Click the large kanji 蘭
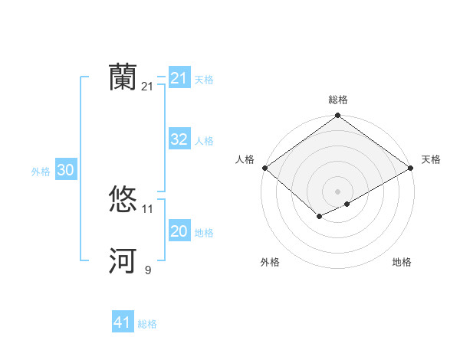123,77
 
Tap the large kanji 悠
123,200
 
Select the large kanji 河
123,261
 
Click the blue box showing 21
179,78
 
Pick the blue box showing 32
179,139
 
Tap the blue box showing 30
65,171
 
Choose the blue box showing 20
179,231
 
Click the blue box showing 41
123,322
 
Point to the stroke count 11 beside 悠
148,208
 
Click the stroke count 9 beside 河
148,270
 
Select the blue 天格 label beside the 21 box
204,80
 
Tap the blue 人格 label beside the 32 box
204,141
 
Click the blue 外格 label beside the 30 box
41,172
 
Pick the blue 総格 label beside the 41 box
147,324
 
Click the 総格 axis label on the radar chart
338,100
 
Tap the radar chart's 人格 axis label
245,159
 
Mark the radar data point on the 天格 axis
412,167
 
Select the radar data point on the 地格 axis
347,204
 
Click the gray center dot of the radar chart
338,191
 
